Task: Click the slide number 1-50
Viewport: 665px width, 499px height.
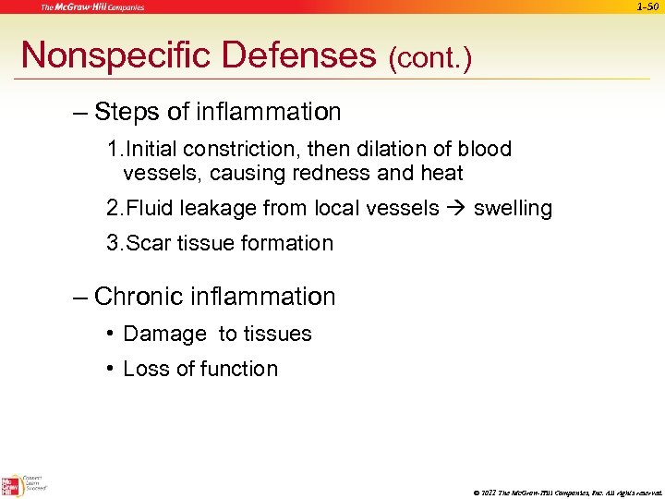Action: coord(647,7)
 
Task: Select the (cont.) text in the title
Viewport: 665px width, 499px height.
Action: coord(429,59)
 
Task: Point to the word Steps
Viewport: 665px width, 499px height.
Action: coord(127,113)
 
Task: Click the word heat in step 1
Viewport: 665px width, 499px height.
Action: coord(441,173)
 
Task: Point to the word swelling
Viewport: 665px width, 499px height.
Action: coord(513,209)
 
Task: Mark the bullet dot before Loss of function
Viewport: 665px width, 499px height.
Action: coord(110,369)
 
